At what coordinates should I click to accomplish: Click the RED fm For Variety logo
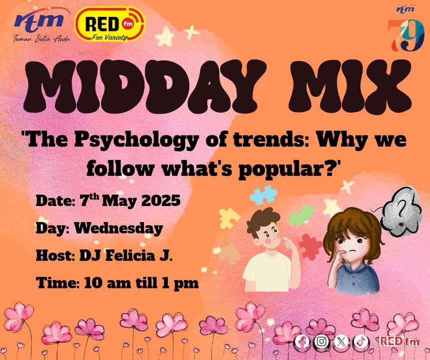[x=110, y=24]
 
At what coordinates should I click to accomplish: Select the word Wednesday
[x=119, y=228]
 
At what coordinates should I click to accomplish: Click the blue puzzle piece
[x=263, y=195]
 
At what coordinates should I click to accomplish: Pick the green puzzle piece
[x=301, y=215]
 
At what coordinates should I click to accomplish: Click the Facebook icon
[x=302, y=341]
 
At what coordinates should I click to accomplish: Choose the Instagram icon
[x=321, y=341]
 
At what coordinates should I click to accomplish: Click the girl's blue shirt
[x=357, y=279]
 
